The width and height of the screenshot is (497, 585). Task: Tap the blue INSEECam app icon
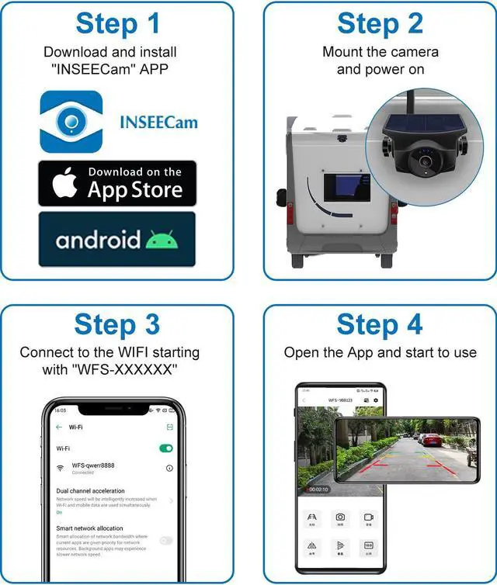pos(71,121)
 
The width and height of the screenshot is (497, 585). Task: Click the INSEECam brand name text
pos(158,122)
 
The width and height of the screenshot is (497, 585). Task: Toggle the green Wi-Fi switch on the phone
pos(166,448)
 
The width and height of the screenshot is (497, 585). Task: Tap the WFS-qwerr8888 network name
pos(92,466)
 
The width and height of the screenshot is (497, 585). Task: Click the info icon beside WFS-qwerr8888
pos(169,469)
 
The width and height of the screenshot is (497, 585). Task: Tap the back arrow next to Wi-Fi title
pos(59,427)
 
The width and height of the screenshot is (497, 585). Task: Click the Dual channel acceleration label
pos(90,491)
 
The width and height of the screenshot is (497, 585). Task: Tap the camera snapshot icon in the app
pos(340,517)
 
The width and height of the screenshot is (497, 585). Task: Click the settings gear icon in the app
pos(376,400)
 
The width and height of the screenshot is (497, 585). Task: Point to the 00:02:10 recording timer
pos(319,490)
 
